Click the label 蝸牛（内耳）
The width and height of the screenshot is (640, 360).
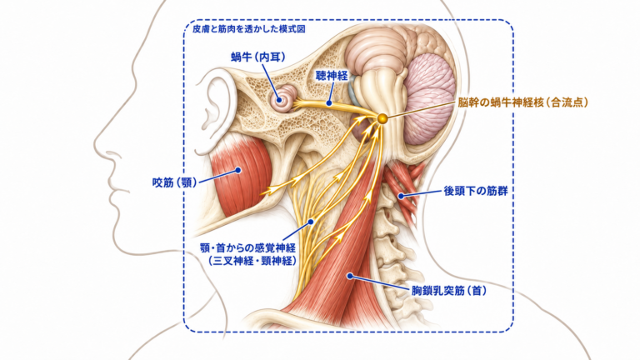[258, 57]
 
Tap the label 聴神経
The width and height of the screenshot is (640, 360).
[332, 76]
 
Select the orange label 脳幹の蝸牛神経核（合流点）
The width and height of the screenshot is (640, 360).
[522, 102]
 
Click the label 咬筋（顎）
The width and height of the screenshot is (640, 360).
[174, 182]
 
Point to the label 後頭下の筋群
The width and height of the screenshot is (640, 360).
[476, 191]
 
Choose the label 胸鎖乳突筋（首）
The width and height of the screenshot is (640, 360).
[449, 291]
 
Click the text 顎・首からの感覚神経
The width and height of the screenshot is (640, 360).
[247, 247]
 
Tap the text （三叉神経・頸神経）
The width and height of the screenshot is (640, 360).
[252, 261]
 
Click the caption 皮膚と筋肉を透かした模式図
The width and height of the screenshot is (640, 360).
[248, 29]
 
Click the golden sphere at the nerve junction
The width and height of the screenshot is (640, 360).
[382, 119]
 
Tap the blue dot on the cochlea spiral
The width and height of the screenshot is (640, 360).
[279, 99]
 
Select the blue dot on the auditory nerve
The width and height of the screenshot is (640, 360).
[329, 103]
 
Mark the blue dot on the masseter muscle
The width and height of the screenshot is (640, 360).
[238, 170]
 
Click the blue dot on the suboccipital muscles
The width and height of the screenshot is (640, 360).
[401, 196]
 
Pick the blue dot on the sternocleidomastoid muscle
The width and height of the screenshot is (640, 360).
[350, 276]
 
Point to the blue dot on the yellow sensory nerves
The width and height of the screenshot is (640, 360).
[311, 222]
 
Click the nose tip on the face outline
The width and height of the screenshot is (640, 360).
[97, 146]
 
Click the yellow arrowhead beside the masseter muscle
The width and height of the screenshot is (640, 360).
[268, 190]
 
